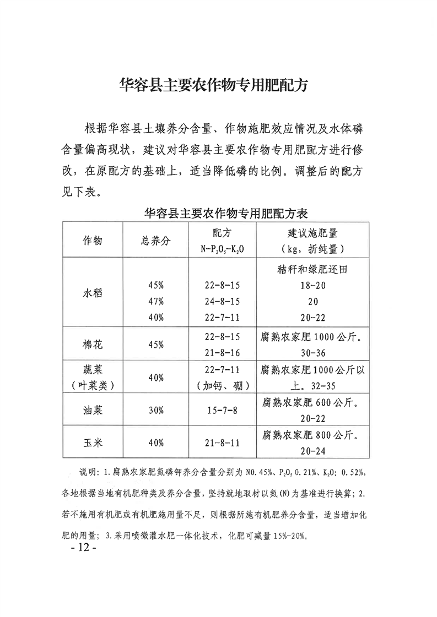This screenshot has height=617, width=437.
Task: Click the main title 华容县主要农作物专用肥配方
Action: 218,86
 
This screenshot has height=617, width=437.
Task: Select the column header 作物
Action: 93,242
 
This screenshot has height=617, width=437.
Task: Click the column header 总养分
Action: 156,242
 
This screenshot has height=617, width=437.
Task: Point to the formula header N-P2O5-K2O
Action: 224,249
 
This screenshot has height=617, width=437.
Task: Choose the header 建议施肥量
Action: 312,235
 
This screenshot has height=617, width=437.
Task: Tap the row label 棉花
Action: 93,345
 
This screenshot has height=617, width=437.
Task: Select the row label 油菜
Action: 93,410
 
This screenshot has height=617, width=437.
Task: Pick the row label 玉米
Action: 93,443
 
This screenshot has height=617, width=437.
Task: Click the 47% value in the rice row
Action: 156,302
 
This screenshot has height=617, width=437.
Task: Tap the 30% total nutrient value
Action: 156,410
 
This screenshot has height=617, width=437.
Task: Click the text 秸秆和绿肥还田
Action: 312,270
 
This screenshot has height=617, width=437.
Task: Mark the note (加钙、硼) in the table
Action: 224,385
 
